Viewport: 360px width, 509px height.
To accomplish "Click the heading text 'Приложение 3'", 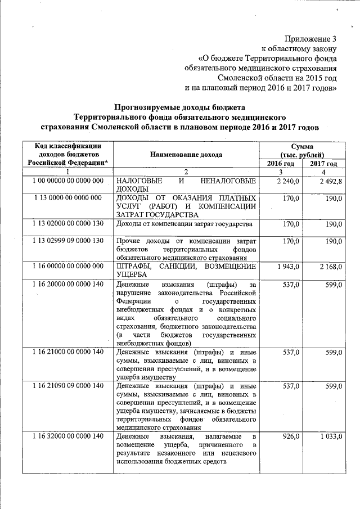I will click(x=310, y=39).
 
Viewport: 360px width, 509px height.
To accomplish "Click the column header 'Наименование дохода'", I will click(x=186, y=154).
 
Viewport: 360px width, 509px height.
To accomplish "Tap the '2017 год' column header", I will click(x=324, y=163).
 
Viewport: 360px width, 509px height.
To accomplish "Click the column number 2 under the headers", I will click(x=186, y=172).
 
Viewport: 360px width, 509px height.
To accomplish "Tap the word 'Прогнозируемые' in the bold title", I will click(x=145, y=107).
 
